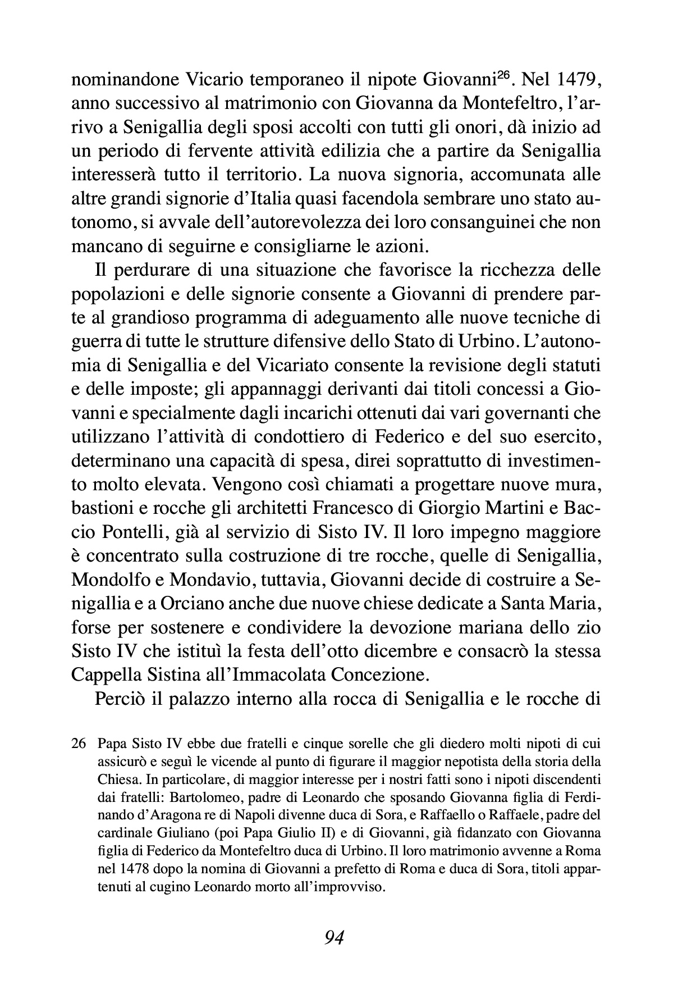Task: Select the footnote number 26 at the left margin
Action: tap(79, 744)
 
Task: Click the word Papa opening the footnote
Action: tap(109, 744)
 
